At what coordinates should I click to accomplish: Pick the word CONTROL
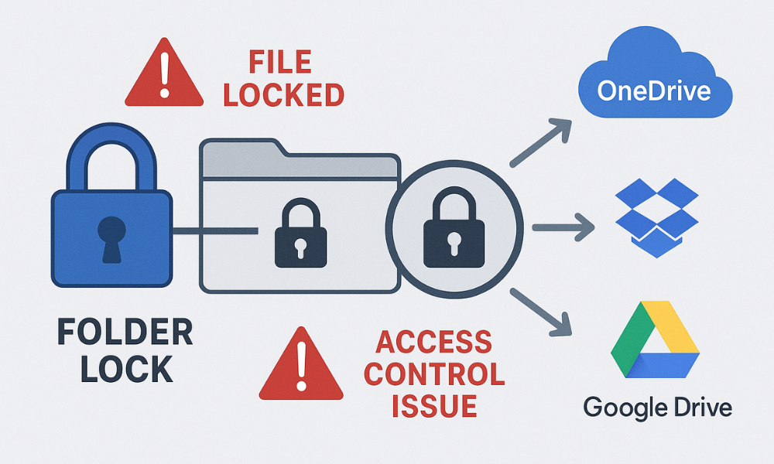click(434, 374)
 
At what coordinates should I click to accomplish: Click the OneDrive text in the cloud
click(654, 91)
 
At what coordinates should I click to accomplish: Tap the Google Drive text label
click(656, 407)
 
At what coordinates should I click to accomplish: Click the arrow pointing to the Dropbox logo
click(562, 227)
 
